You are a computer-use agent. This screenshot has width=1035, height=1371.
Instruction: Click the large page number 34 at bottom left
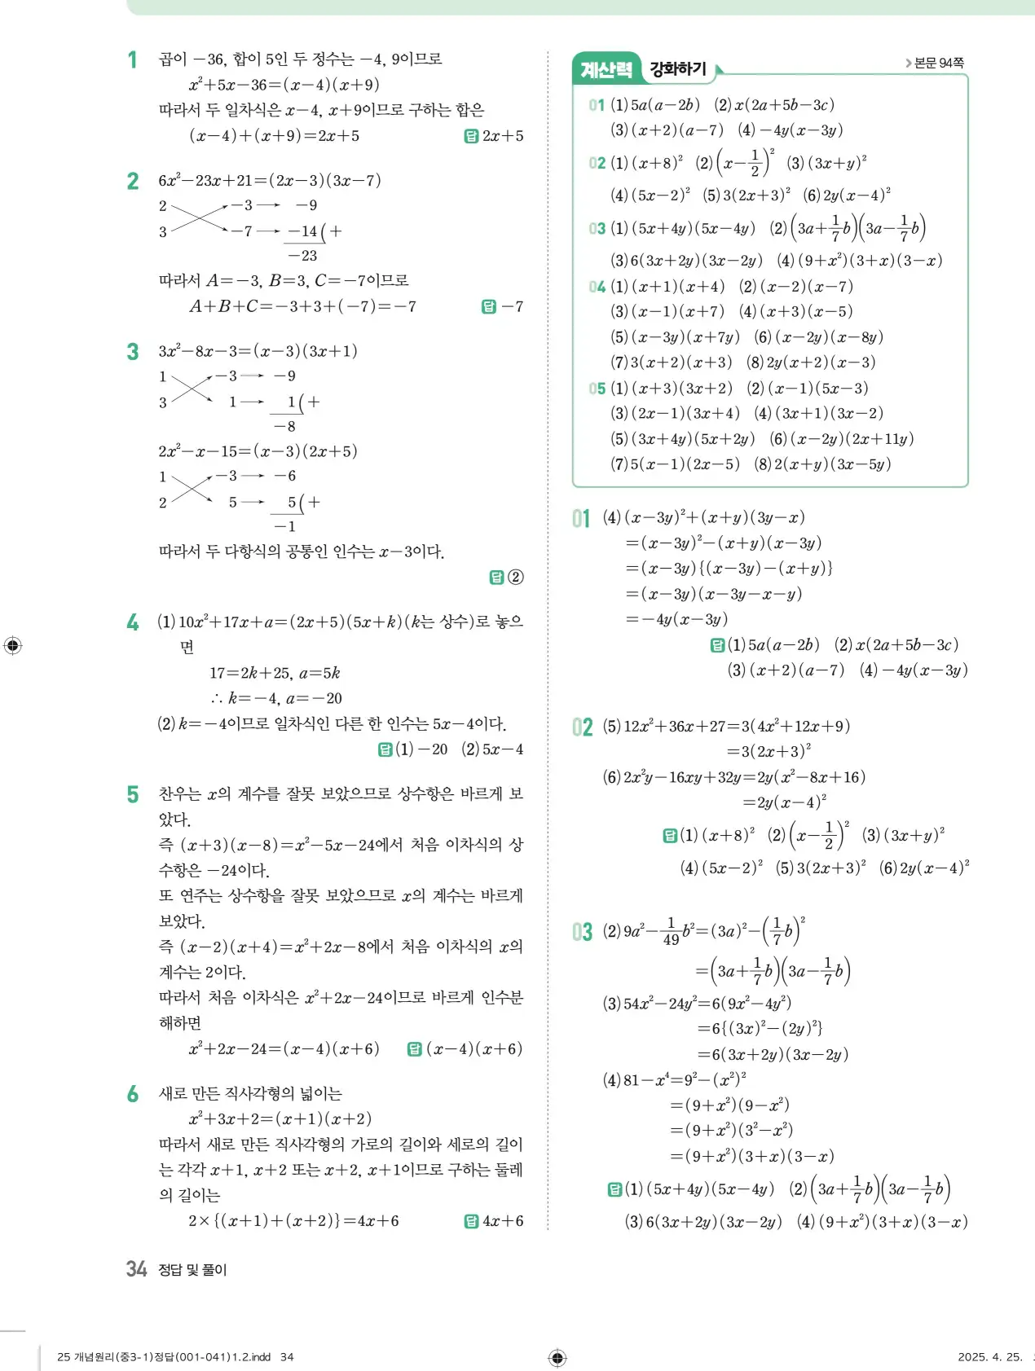pos(136,1268)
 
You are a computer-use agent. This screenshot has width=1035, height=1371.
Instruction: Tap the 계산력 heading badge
pos(606,70)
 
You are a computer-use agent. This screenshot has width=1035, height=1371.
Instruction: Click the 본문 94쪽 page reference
pos(938,63)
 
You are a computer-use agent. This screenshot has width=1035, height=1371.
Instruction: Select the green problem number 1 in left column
pos(132,59)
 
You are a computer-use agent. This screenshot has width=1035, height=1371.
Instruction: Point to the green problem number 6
pos(132,1094)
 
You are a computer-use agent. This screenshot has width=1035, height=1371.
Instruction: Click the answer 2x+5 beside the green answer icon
pos(503,136)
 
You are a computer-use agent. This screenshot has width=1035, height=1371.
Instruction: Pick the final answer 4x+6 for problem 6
pos(503,1220)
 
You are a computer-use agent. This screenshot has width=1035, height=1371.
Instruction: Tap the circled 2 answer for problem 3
pos(515,577)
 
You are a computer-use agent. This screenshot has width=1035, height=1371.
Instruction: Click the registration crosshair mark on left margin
pos(13,645)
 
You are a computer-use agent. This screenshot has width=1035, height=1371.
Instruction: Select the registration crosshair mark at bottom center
pos(557,1356)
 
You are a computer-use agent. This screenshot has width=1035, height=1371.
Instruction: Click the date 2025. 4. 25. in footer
pos(989,1356)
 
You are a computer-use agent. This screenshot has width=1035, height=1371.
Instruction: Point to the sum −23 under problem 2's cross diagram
pos(302,256)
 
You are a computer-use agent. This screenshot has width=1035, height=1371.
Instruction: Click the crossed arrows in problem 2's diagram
pos(199,218)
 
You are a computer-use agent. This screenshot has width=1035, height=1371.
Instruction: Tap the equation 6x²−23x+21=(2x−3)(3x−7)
pos(270,180)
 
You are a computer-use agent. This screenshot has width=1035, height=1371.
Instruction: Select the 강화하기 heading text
pos(678,69)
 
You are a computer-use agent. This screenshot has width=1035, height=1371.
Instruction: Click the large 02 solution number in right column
pos(582,727)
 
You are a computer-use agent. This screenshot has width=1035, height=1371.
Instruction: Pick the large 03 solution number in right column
pos(582,931)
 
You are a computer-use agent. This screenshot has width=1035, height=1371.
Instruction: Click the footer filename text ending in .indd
pos(164,1356)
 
